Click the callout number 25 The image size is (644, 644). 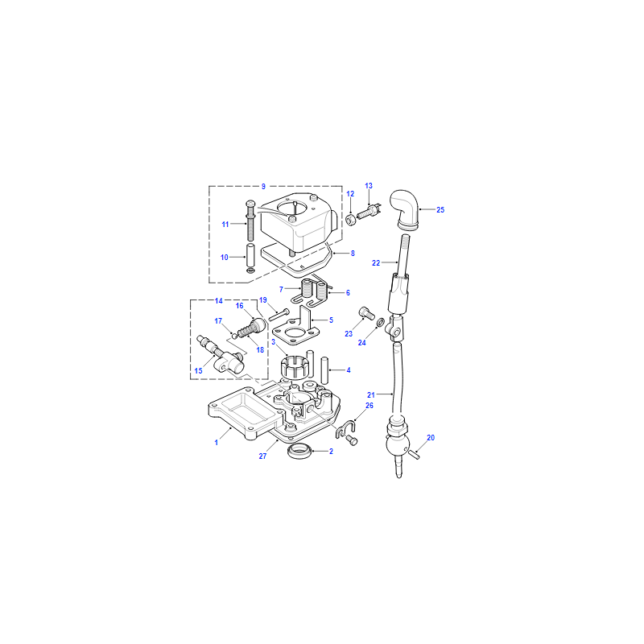[440, 210]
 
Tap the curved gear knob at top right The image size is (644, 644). [406, 208]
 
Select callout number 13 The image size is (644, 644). [369, 186]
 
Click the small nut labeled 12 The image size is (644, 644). [351, 220]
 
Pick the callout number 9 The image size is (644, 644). [263, 187]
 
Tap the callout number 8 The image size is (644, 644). [353, 254]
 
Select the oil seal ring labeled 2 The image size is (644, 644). [299, 452]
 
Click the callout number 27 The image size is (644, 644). [263, 456]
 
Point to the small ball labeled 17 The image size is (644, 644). [234, 336]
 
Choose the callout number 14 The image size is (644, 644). [218, 301]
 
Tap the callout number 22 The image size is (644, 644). [376, 263]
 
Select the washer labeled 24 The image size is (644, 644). [381, 320]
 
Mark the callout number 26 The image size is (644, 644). [369, 406]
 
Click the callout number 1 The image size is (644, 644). [216, 443]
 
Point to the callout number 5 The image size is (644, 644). [331, 320]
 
